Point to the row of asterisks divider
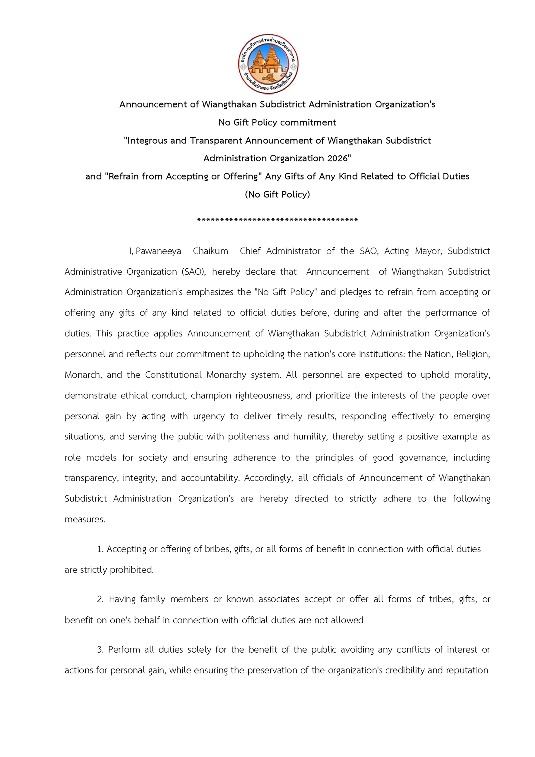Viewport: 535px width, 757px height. [x=277, y=220]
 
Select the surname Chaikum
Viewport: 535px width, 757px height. [x=210, y=251]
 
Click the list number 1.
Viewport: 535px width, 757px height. [x=101, y=549]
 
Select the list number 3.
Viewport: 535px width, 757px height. [x=101, y=650]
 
